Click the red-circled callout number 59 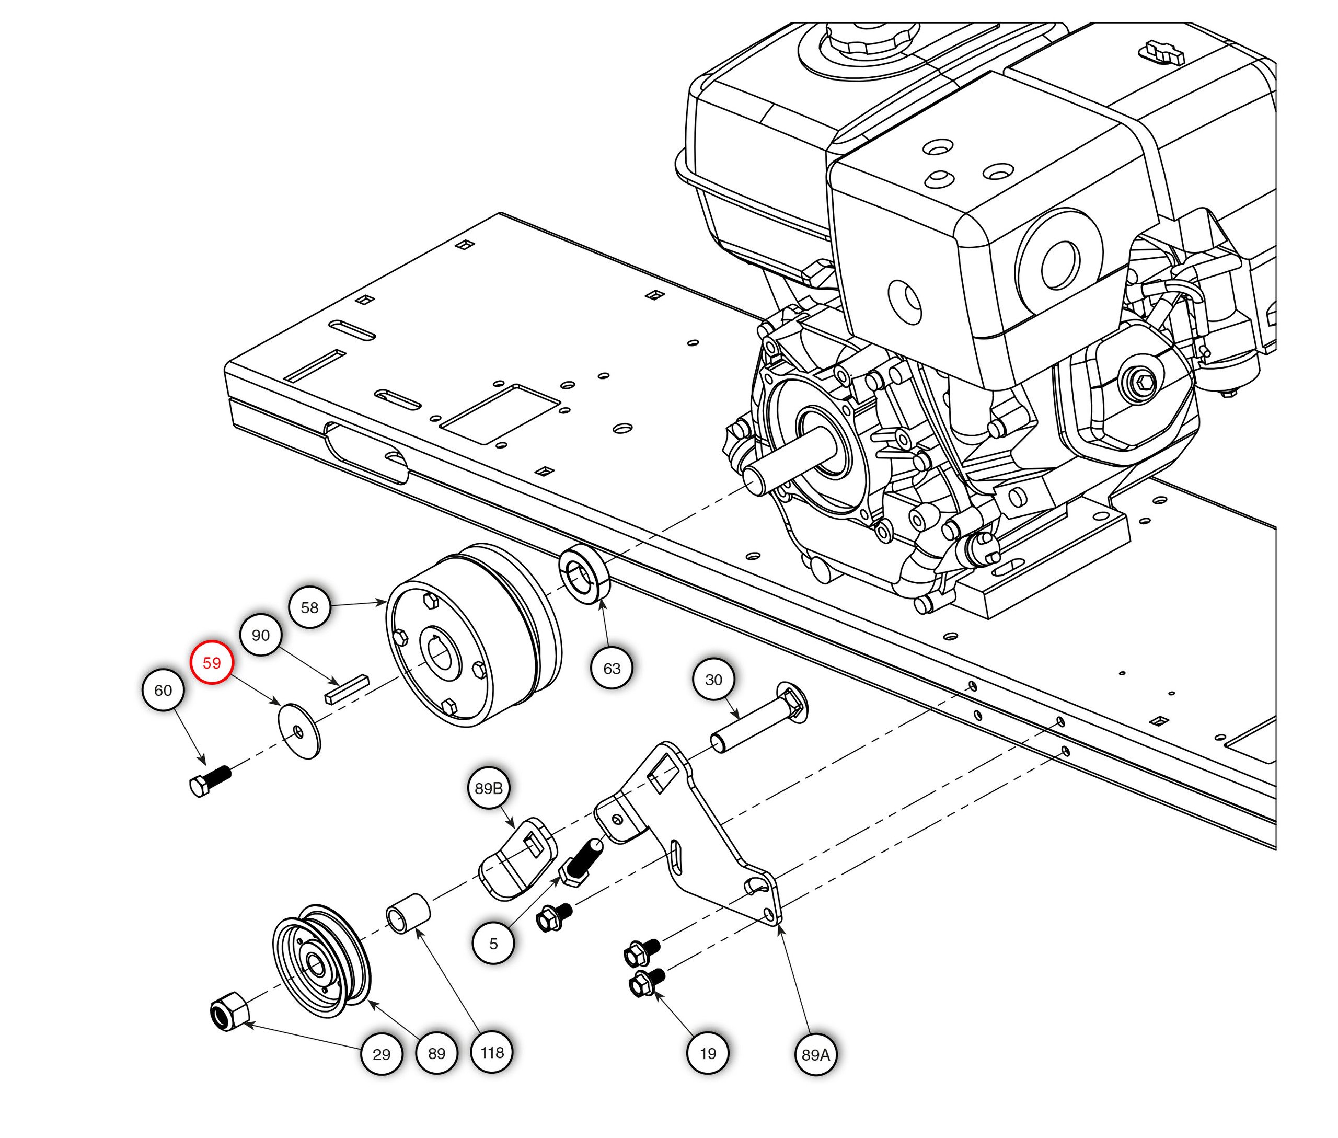coord(212,662)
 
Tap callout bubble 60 coord(163,691)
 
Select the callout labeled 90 coord(261,636)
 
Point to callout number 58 coord(309,607)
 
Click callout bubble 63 coord(612,669)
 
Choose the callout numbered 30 coord(713,680)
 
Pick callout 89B coord(488,788)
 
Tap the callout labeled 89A coord(815,1054)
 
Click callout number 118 coord(492,1052)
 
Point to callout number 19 coord(708,1053)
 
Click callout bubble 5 coord(493,944)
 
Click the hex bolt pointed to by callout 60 coord(209,781)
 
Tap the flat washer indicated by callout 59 coord(299,730)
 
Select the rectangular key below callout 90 coord(347,689)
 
